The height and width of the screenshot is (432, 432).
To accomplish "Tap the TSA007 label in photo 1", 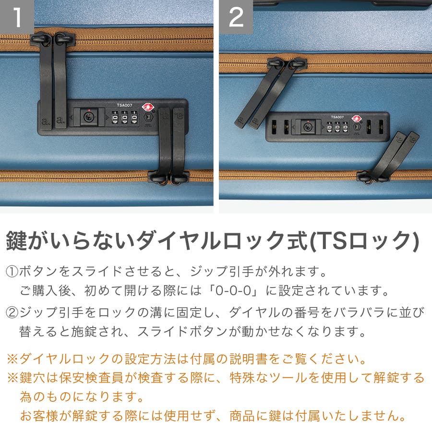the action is click(x=124, y=105).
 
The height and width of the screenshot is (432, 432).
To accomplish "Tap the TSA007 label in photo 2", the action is click(x=337, y=117).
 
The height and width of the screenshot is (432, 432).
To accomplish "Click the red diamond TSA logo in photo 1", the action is click(x=148, y=107).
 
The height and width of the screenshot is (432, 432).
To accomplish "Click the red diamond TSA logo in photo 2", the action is click(x=357, y=119).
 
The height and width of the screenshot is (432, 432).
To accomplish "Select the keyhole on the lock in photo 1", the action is click(x=88, y=117).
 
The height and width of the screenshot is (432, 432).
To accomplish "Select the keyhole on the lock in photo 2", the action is click(x=308, y=127).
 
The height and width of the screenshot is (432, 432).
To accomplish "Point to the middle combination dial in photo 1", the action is click(x=124, y=118).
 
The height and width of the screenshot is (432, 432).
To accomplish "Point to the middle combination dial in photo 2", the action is click(x=337, y=127).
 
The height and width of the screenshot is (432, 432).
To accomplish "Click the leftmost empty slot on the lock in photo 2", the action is click(x=274, y=127).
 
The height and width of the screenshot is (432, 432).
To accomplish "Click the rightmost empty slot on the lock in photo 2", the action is click(x=381, y=127).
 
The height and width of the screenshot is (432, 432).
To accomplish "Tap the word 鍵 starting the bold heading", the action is click(x=16, y=240).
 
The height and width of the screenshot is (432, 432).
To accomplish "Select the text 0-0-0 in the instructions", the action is click(x=233, y=291).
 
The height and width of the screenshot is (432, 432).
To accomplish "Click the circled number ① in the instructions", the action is click(x=12, y=271).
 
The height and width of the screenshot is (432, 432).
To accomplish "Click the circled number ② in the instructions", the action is click(x=12, y=312).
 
